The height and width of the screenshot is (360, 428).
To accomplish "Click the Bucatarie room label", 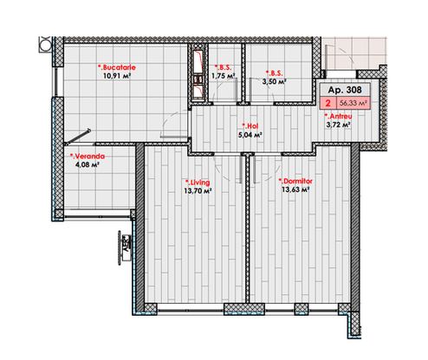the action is pos(117,67).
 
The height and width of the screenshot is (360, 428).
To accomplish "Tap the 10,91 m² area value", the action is pos(117,76).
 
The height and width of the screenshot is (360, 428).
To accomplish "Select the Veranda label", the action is pos(88,157).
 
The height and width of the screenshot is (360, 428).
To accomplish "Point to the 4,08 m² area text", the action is pos(88,165).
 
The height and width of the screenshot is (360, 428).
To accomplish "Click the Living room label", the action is pos(198,183).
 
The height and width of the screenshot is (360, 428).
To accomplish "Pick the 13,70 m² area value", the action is pos(198,191).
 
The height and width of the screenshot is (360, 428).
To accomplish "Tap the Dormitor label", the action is pos(295,181).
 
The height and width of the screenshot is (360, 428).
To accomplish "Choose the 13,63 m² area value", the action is pos(295,190).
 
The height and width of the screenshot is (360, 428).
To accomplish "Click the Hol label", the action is pos(250,126).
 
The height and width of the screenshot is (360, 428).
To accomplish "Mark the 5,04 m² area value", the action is pos(250,135).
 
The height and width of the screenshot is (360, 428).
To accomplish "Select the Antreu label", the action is pos(338,116).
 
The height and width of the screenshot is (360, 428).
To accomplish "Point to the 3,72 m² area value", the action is pos(339,125).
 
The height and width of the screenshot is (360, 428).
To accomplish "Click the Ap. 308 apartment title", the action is pos(345,90).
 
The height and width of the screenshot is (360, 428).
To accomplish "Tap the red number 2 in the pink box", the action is pos(327,103).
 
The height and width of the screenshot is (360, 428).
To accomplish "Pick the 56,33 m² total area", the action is pos(353,103).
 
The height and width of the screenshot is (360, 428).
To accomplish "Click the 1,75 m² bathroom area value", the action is pos(223,76).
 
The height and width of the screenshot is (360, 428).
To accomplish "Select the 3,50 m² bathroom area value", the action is pos(274,81).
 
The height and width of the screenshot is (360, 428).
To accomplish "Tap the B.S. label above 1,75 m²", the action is pos(223,67).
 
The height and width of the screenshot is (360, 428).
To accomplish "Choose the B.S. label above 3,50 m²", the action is pos(274,73).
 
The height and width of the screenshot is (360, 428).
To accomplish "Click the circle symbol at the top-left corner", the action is pos(45,44).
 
